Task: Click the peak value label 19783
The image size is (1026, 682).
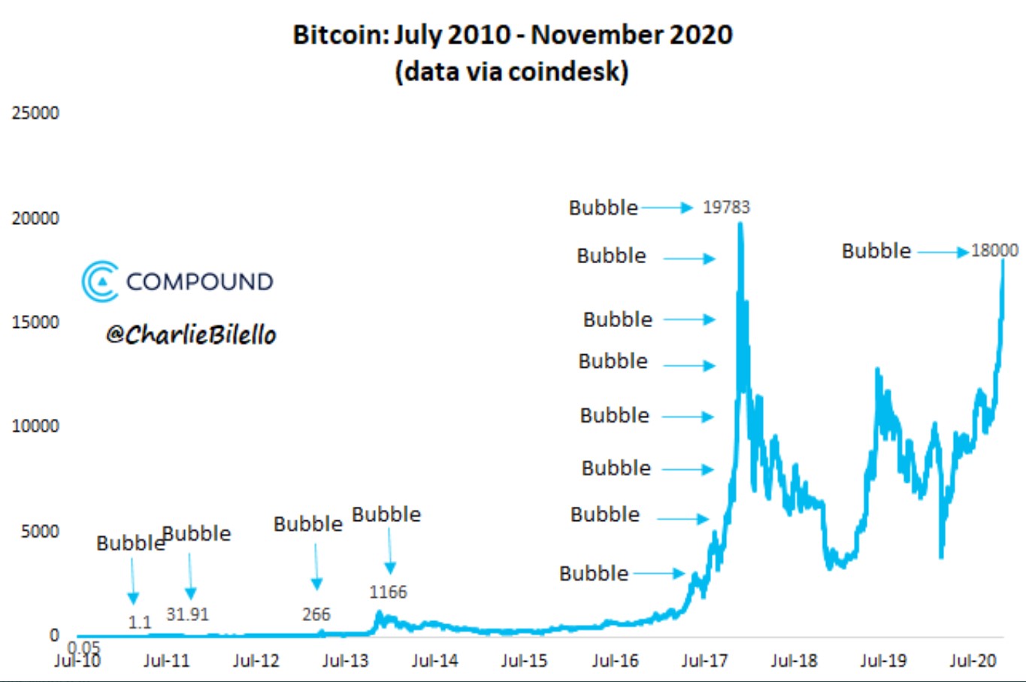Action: pyautogui.click(x=726, y=207)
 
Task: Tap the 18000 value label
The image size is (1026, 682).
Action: pyautogui.click(x=994, y=250)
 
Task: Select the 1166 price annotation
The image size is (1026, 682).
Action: pyautogui.click(x=388, y=592)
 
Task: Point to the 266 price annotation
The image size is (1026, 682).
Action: pyautogui.click(x=316, y=614)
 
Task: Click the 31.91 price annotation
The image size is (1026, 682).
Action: pyautogui.click(x=187, y=614)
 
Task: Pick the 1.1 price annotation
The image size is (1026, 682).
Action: pyautogui.click(x=139, y=623)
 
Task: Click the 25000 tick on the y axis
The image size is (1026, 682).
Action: pyautogui.click(x=35, y=113)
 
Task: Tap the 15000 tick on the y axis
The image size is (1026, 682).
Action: pyautogui.click(x=35, y=322)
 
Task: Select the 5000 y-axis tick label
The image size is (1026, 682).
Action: pyautogui.click(x=40, y=532)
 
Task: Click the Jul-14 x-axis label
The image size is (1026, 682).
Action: pyautogui.click(x=434, y=661)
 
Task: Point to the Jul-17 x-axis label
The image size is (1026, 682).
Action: pyautogui.click(x=704, y=661)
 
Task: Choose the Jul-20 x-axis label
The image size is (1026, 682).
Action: pyautogui.click(x=973, y=661)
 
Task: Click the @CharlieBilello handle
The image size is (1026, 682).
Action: pyautogui.click(x=191, y=335)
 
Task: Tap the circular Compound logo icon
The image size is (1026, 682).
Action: pyautogui.click(x=101, y=281)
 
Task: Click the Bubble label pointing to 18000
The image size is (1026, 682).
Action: pyautogui.click(x=876, y=250)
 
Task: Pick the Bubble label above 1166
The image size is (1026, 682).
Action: pyautogui.click(x=386, y=514)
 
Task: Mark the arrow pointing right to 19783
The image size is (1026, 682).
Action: pyautogui.click(x=667, y=208)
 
